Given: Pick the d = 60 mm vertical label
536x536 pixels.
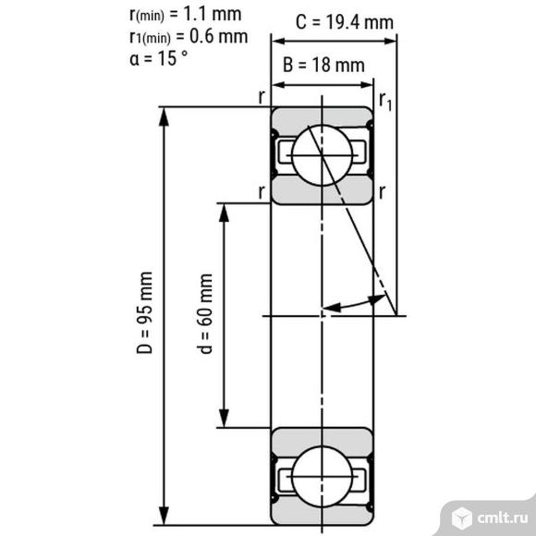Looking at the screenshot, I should click(205, 314).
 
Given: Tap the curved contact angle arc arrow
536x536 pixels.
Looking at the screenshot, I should click(356, 302).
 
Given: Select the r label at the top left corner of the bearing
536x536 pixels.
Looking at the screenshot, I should click(262, 96).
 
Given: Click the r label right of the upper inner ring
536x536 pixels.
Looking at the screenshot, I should click(382, 191).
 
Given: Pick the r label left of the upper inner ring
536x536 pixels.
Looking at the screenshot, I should click(262, 191).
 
